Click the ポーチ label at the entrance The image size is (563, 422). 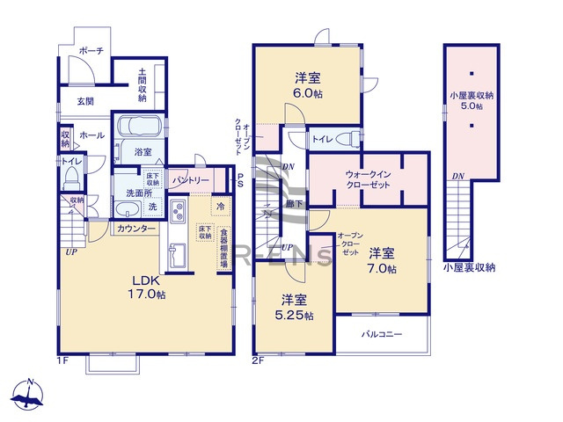91,52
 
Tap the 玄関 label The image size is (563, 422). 85,101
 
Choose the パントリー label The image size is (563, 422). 190,180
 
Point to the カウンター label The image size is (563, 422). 136,229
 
